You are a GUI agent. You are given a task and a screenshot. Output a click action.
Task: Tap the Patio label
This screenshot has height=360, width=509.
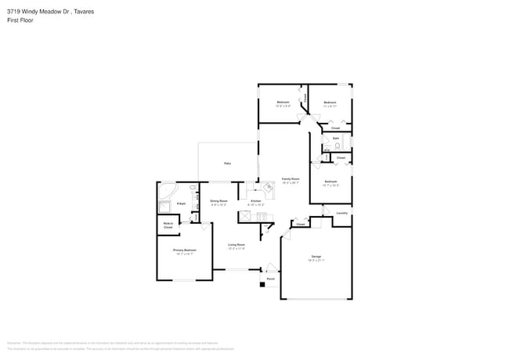[x=228, y=164]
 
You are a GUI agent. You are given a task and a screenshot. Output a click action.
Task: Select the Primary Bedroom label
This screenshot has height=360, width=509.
[x=184, y=251]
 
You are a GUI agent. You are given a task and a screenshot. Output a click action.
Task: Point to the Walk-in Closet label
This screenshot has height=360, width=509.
[x=168, y=225]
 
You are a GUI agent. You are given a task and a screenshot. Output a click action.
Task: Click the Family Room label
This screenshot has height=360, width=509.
[x=291, y=179]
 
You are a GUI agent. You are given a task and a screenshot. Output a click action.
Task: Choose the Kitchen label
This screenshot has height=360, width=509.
[x=255, y=201]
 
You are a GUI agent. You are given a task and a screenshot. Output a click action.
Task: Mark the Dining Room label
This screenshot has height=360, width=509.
[x=218, y=201]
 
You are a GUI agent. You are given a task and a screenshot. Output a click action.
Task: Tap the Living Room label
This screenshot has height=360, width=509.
[x=236, y=246]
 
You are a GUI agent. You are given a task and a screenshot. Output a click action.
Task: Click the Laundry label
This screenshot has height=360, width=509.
[x=341, y=213]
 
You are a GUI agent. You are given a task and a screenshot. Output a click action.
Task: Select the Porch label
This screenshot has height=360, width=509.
[x=270, y=279]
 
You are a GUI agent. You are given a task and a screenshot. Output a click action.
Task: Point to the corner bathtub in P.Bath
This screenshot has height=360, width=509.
[x=167, y=191]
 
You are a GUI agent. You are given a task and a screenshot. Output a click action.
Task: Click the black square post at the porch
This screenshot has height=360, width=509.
[x=262, y=285]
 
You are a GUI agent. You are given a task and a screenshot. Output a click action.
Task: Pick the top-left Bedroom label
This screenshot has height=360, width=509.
[x=283, y=103]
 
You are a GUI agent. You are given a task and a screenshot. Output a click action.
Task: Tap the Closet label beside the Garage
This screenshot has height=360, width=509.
[x=301, y=225]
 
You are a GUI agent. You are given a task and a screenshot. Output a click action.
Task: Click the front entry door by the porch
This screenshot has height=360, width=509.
[x=271, y=267]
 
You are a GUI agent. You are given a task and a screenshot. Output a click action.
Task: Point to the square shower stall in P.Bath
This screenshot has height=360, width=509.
[x=165, y=207]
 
